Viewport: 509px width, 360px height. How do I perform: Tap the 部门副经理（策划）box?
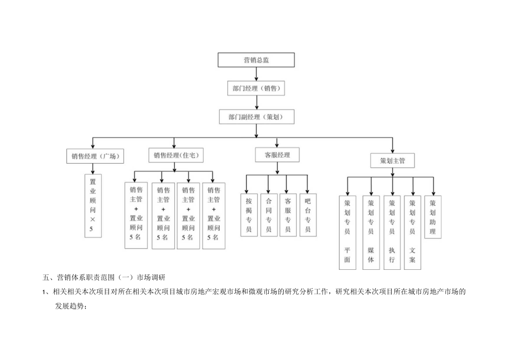click(x=254, y=117)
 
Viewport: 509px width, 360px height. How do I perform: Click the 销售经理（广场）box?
click(x=95, y=156)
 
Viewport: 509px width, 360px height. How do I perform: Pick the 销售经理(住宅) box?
click(x=176, y=156)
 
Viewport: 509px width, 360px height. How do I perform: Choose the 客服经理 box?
click(x=277, y=155)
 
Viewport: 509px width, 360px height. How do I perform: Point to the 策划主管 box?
click(x=392, y=161)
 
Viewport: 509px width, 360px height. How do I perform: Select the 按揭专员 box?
click(x=249, y=215)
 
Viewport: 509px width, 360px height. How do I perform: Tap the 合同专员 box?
click(x=268, y=215)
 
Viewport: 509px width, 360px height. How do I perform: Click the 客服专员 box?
click(x=288, y=215)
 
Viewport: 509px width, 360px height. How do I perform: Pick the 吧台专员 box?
click(x=308, y=215)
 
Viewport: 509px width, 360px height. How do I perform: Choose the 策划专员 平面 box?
click(x=347, y=232)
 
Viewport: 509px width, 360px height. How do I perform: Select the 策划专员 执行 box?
click(x=392, y=232)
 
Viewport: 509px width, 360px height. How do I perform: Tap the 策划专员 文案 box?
click(x=412, y=232)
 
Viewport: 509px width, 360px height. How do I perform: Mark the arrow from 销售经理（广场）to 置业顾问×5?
click(x=92, y=169)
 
